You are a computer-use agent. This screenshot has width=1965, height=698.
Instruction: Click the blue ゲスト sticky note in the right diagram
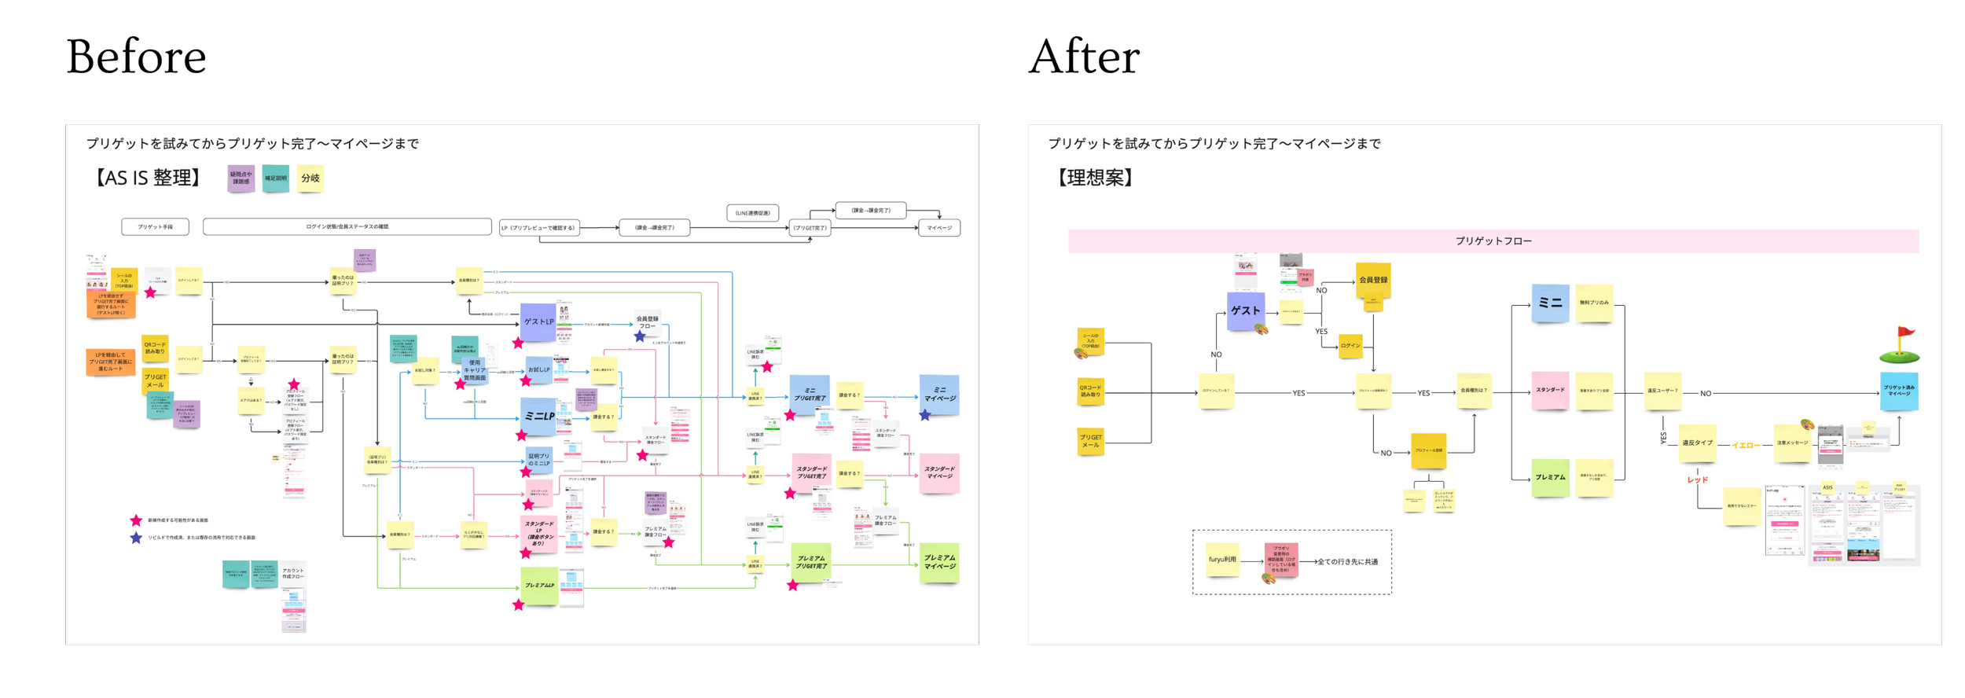(x=1245, y=310)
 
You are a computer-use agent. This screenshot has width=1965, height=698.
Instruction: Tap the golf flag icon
(x=1899, y=346)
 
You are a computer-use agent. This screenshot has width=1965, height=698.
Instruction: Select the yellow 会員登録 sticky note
(x=1372, y=280)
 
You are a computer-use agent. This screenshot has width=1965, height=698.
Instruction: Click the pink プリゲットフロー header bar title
(x=1493, y=241)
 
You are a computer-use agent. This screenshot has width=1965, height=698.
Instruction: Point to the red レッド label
(x=1697, y=479)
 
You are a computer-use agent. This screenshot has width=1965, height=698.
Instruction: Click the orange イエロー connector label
(x=1746, y=446)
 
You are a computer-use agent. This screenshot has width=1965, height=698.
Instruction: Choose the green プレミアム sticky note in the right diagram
(x=1550, y=478)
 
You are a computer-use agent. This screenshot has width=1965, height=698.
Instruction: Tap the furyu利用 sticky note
(x=1222, y=560)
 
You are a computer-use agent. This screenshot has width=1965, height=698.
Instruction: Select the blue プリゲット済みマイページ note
(x=1899, y=391)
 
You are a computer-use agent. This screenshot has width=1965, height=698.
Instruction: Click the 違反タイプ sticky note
(x=1697, y=443)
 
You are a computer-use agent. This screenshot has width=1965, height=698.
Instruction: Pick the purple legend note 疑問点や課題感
(x=241, y=178)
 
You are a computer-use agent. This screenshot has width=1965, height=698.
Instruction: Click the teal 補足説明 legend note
(x=275, y=178)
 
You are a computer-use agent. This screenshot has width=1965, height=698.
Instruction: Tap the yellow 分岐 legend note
(x=310, y=178)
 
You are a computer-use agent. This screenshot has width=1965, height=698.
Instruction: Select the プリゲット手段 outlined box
(x=155, y=227)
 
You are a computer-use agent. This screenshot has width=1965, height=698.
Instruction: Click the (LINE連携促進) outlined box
(x=752, y=213)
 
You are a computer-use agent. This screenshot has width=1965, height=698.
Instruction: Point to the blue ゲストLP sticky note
(x=538, y=322)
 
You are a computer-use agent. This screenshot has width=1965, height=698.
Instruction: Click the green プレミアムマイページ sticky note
(x=939, y=563)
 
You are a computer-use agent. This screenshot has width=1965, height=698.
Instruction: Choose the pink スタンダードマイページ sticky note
(x=939, y=473)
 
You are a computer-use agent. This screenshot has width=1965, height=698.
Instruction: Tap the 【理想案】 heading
(x=1096, y=178)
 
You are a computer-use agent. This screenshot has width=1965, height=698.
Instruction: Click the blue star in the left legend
(x=136, y=538)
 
